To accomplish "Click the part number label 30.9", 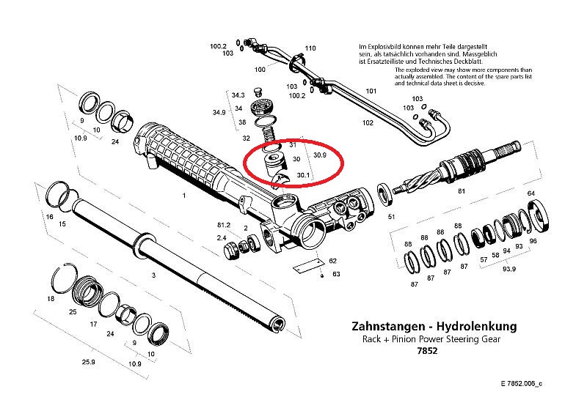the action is [320, 155].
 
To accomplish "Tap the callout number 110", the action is [310, 48].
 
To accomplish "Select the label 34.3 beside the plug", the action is [238, 95].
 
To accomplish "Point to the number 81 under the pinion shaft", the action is [462, 191].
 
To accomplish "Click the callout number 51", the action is [391, 217].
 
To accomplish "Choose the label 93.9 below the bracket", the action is [508, 269].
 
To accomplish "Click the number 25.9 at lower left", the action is [89, 362].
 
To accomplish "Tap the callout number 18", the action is [51, 299].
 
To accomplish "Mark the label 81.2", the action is [224, 225].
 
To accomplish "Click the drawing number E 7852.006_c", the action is [522, 384].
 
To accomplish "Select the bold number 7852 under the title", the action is [428, 351].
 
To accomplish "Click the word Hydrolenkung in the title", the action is [476, 326].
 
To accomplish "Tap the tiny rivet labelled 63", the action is [322, 275].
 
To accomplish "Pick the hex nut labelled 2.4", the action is [231, 249].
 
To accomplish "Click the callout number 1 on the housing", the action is [184, 196].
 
